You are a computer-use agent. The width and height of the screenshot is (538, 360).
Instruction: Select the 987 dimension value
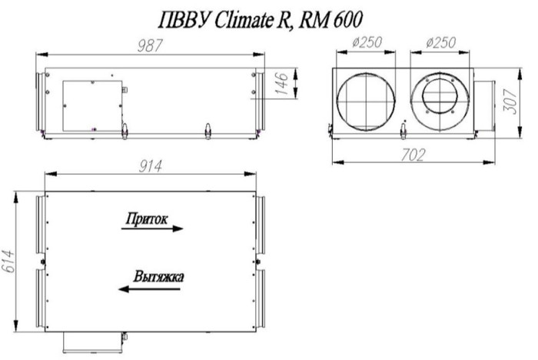click(x=151, y=45)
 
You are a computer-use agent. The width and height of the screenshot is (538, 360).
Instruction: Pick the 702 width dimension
click(x=412, y=155)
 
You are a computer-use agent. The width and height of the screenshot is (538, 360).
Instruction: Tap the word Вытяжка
click(x=158, y=277)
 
